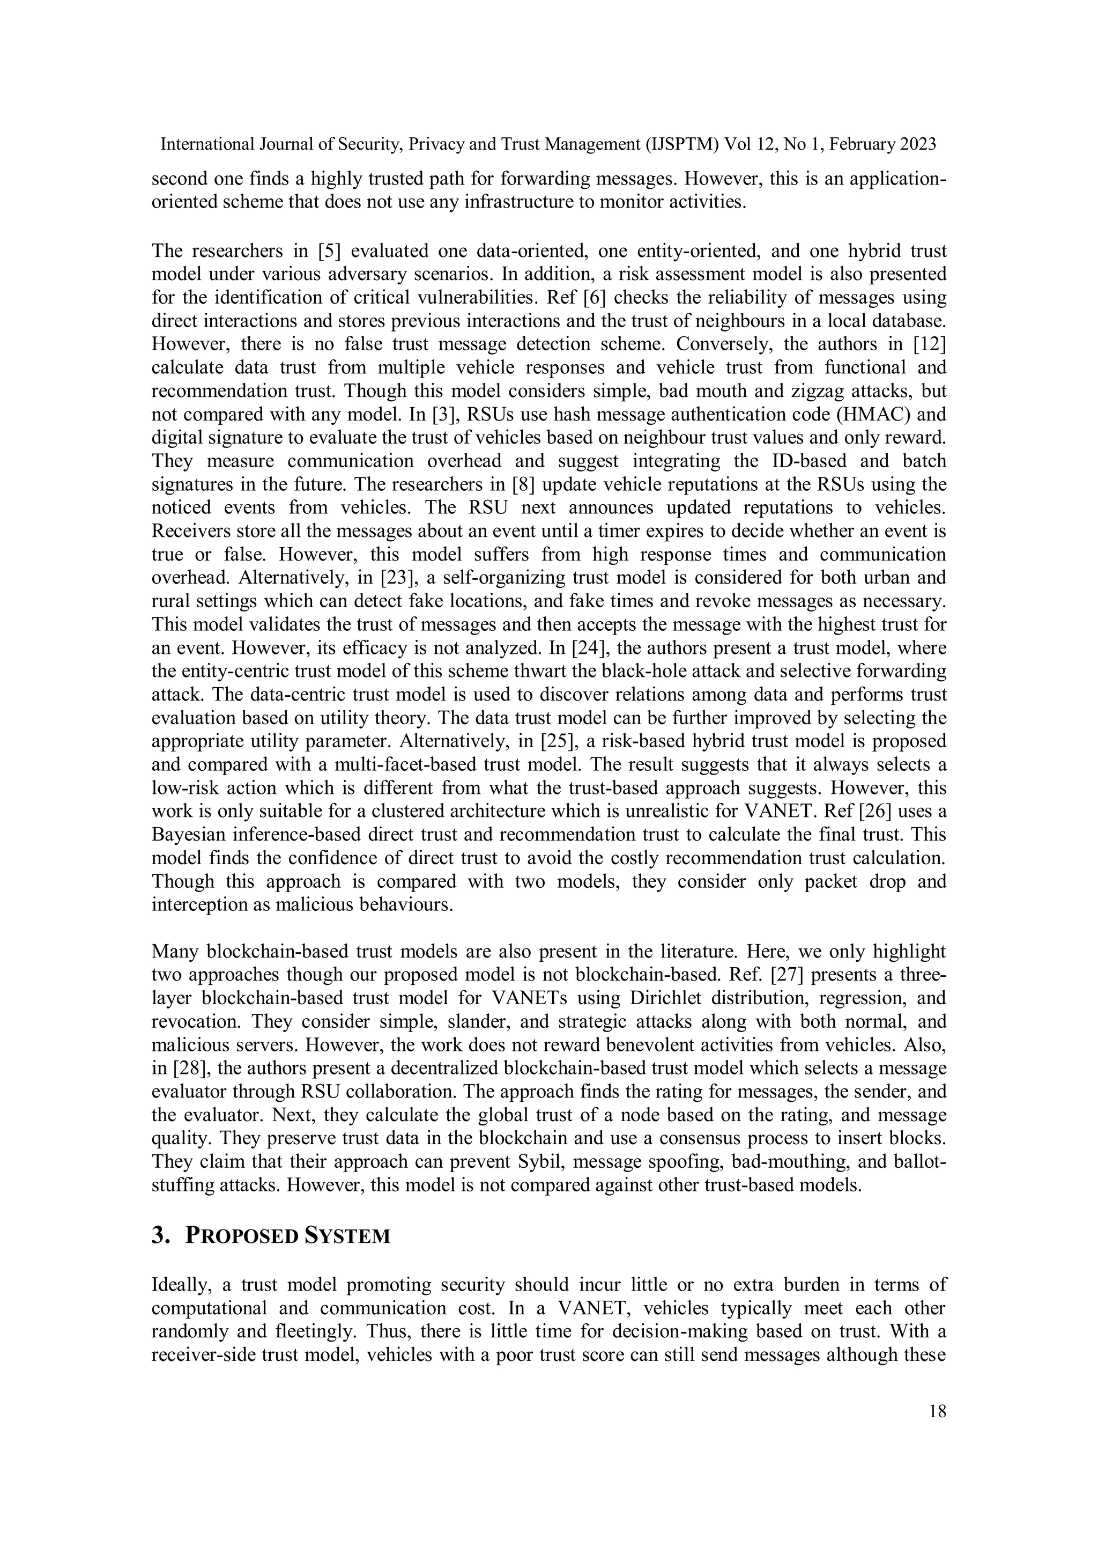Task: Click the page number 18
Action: (x=938, y=1412)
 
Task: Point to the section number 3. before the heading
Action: (x=160, y=1236)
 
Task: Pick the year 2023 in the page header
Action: (x=918, y=144)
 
